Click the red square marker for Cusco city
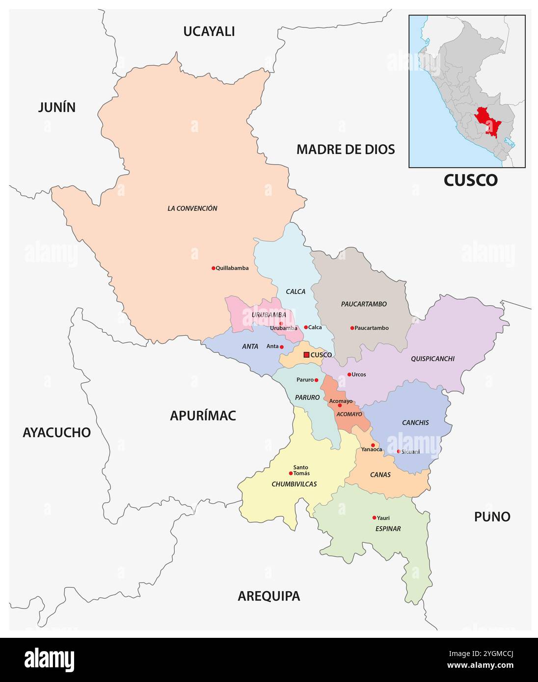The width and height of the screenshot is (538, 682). point(306,355)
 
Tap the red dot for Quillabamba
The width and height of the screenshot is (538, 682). point(214,268)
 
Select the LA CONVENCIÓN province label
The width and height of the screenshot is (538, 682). point(192,209)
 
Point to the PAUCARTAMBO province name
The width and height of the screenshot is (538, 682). point(364,304)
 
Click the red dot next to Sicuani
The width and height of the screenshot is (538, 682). point(399,451)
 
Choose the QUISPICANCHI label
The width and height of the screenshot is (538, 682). point(432,359)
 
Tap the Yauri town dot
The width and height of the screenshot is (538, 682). point(374,518)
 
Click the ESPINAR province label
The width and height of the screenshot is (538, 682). point(388,529)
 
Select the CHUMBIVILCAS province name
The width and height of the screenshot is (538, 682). point(294,484)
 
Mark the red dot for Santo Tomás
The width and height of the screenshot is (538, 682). point(291,473)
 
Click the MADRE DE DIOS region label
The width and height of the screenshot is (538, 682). point(346,150)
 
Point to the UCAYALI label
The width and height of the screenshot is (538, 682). point(209,31)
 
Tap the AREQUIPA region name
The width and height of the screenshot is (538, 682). point(269,596)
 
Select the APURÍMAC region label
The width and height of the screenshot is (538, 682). point(203,416)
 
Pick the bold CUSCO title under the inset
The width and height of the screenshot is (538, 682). point(470,181)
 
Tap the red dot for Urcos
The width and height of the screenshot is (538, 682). point(349,374)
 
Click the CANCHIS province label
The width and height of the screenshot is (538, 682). point(415,422)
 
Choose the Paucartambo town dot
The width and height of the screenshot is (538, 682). point(352,328)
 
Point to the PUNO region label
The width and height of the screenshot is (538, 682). point(492,517)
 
